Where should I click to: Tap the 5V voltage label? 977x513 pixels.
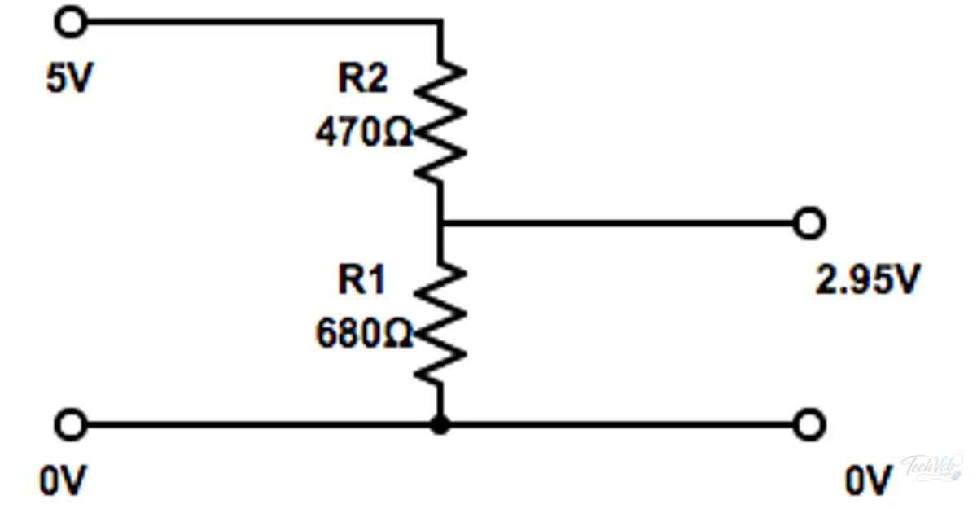tap(70, 77)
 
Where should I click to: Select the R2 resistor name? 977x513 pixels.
tap(362, 78)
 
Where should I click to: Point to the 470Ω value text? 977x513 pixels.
tap(363, 131)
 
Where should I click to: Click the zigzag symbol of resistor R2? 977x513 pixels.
tap(440, 121)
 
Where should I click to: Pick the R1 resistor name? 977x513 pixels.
tap(361, 279)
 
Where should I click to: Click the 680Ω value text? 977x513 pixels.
tap(363, 333)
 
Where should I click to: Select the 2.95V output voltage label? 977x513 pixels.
tap(868, 279)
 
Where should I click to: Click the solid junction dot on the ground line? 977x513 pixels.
tap(440, 424)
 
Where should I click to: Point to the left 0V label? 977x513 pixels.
tap(64, 480)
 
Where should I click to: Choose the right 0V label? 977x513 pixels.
tap(869, 480)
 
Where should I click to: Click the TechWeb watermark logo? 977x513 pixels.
tap(932, 467)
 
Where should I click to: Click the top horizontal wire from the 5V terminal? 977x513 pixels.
tap(265, 22)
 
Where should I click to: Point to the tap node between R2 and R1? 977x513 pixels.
tap(440, 223)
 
